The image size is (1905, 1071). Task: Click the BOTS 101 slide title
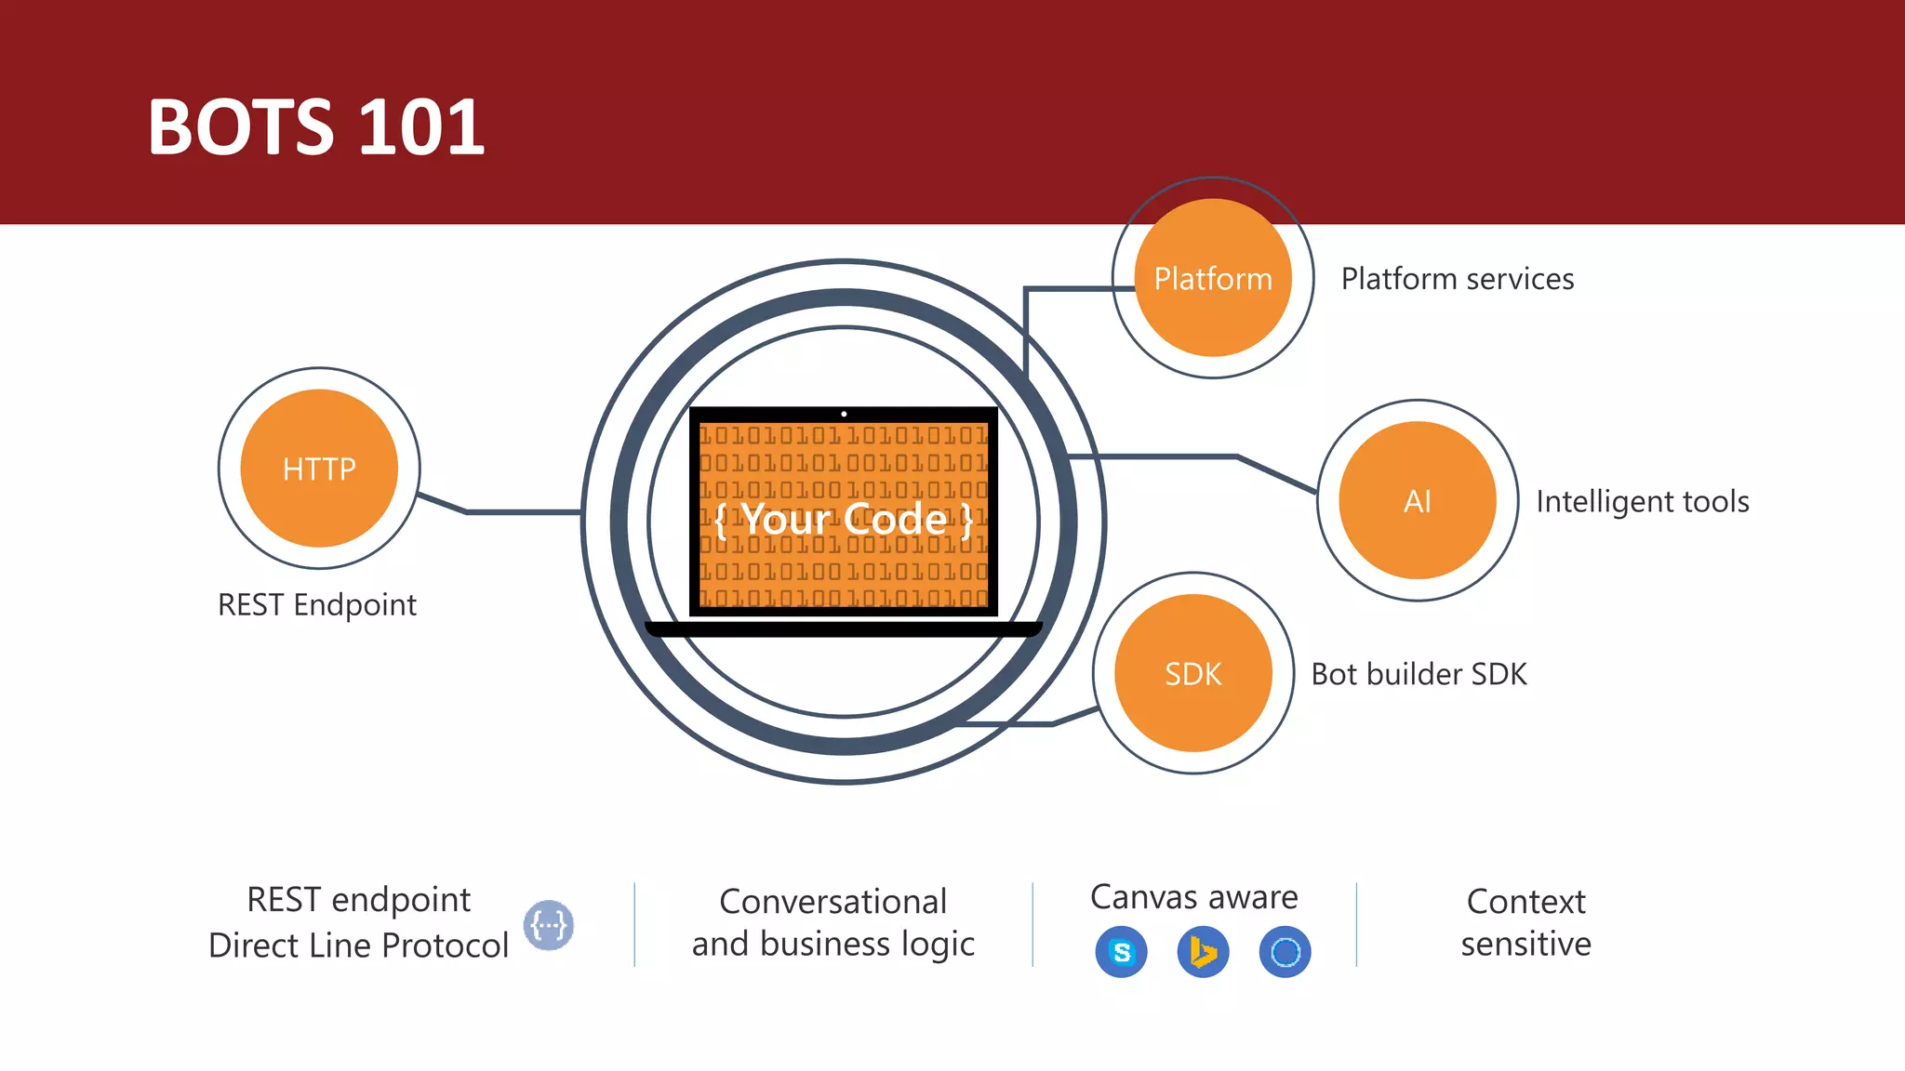(x=316, y=127)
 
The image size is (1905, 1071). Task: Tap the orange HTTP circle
(x=319, y=469)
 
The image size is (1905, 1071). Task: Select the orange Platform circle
(x=1213, y=278)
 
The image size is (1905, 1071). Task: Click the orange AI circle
(x=1417, y=501)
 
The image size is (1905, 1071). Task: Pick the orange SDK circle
(x=1193, y=673)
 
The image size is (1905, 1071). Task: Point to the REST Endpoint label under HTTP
(x=317, y=605)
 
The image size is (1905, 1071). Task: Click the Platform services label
(x=1457, y=279)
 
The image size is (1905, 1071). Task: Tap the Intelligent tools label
(x=1642, y=502)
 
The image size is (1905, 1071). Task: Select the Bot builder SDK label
(x=1419, y=674)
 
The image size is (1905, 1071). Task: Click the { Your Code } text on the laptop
(x=844, y=519)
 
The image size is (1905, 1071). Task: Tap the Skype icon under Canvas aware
(x=1122, y=952)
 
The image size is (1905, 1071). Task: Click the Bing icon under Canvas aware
(x=1203, y=952)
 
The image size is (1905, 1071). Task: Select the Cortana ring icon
(x=1285, y=952)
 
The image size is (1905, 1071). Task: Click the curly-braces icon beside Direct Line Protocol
(x=548, y=925)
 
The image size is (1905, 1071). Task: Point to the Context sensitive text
(x=1525, y=922)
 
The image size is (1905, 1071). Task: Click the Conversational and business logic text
(x=833, y=922)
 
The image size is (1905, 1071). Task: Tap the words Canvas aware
(x=1193, y=897)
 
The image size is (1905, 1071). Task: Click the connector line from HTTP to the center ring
(x=521, y=511)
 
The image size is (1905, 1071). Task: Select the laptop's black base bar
(x=844, y=629)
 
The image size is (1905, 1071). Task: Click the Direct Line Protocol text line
(x=358, y=945)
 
